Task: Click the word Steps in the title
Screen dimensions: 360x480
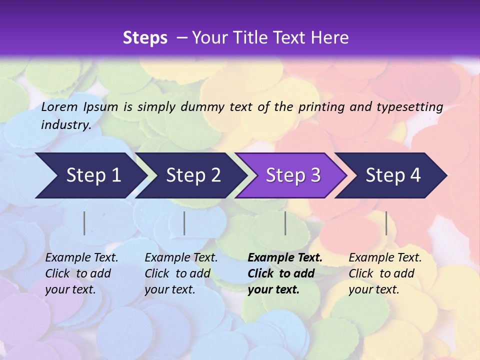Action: coord(145,38)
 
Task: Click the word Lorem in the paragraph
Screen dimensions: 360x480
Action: coord(59,106)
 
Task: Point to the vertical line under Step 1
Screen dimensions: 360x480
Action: coord(84,223)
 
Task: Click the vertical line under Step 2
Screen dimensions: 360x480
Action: coord(184,223)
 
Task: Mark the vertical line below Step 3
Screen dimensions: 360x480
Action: coord(285,223)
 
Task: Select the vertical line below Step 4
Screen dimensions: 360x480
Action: coord(386,223)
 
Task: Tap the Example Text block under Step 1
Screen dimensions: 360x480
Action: coord(81,273)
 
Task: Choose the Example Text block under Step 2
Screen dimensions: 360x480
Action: coord(181,273)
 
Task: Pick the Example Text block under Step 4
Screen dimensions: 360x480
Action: coord(385,273)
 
